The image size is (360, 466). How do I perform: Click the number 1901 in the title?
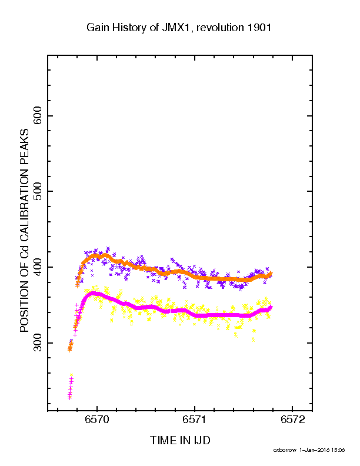coord(259,28)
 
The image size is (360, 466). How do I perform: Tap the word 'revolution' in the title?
coord(220,28)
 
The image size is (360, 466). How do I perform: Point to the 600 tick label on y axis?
coord(38,116)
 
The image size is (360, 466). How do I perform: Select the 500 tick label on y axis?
coord(38,191)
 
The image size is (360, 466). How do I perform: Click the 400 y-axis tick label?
coord(38,267)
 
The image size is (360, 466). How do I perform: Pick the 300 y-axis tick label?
coord(38,343)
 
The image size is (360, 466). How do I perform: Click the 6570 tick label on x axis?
coord(97,420)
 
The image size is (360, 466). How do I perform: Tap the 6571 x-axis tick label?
coord(195,420)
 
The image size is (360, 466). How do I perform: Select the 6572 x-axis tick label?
coord(292,420)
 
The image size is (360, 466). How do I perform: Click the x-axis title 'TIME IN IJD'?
coord(180,441)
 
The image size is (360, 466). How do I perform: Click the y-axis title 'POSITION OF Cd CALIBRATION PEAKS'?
coord(24,231)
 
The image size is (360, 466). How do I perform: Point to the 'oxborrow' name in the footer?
coord(285,450)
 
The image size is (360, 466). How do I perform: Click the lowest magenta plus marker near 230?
coord(69,398)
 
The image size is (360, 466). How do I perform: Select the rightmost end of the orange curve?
coord(271,273)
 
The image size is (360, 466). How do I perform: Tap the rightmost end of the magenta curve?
coord(271,307)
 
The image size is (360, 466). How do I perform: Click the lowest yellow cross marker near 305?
coord(253,339)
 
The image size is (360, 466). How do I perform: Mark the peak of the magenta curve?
coord(93,294)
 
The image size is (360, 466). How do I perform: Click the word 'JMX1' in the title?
coord(177,28)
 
